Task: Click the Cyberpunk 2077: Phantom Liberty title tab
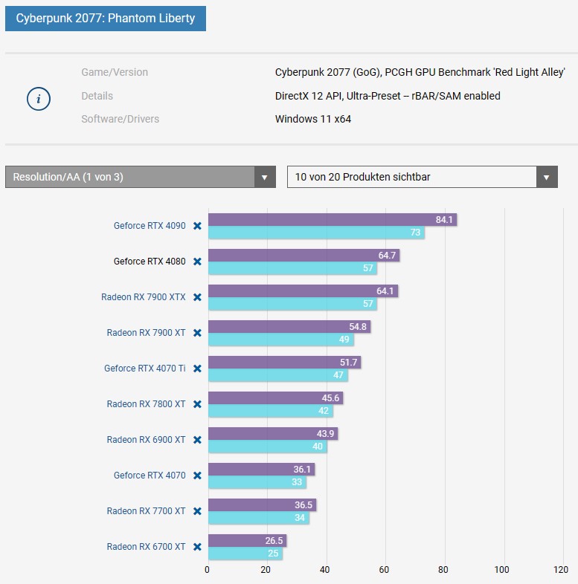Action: [x=105, y=18]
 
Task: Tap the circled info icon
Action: [x=39, y=98]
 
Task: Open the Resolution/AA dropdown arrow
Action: [x=264, y=177]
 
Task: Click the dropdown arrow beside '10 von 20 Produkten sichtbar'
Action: [x=547, y=177]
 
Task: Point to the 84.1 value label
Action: [x=445, y=220]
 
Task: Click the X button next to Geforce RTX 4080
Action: [x=197, y=262]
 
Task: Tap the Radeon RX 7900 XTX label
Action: [x=144, y=297]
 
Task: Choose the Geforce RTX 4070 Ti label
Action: [x=145, y=369]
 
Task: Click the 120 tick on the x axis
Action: [x=561, y=570]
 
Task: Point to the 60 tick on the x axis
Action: [x=384, y=570]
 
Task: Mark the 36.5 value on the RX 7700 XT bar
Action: [x=305, y=505]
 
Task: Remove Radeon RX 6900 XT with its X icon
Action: [x=197, y=440]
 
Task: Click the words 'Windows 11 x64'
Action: [x=312, y=119]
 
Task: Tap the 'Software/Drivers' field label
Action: [x=120, y=119]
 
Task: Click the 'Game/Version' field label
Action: [x=115, y=72]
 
